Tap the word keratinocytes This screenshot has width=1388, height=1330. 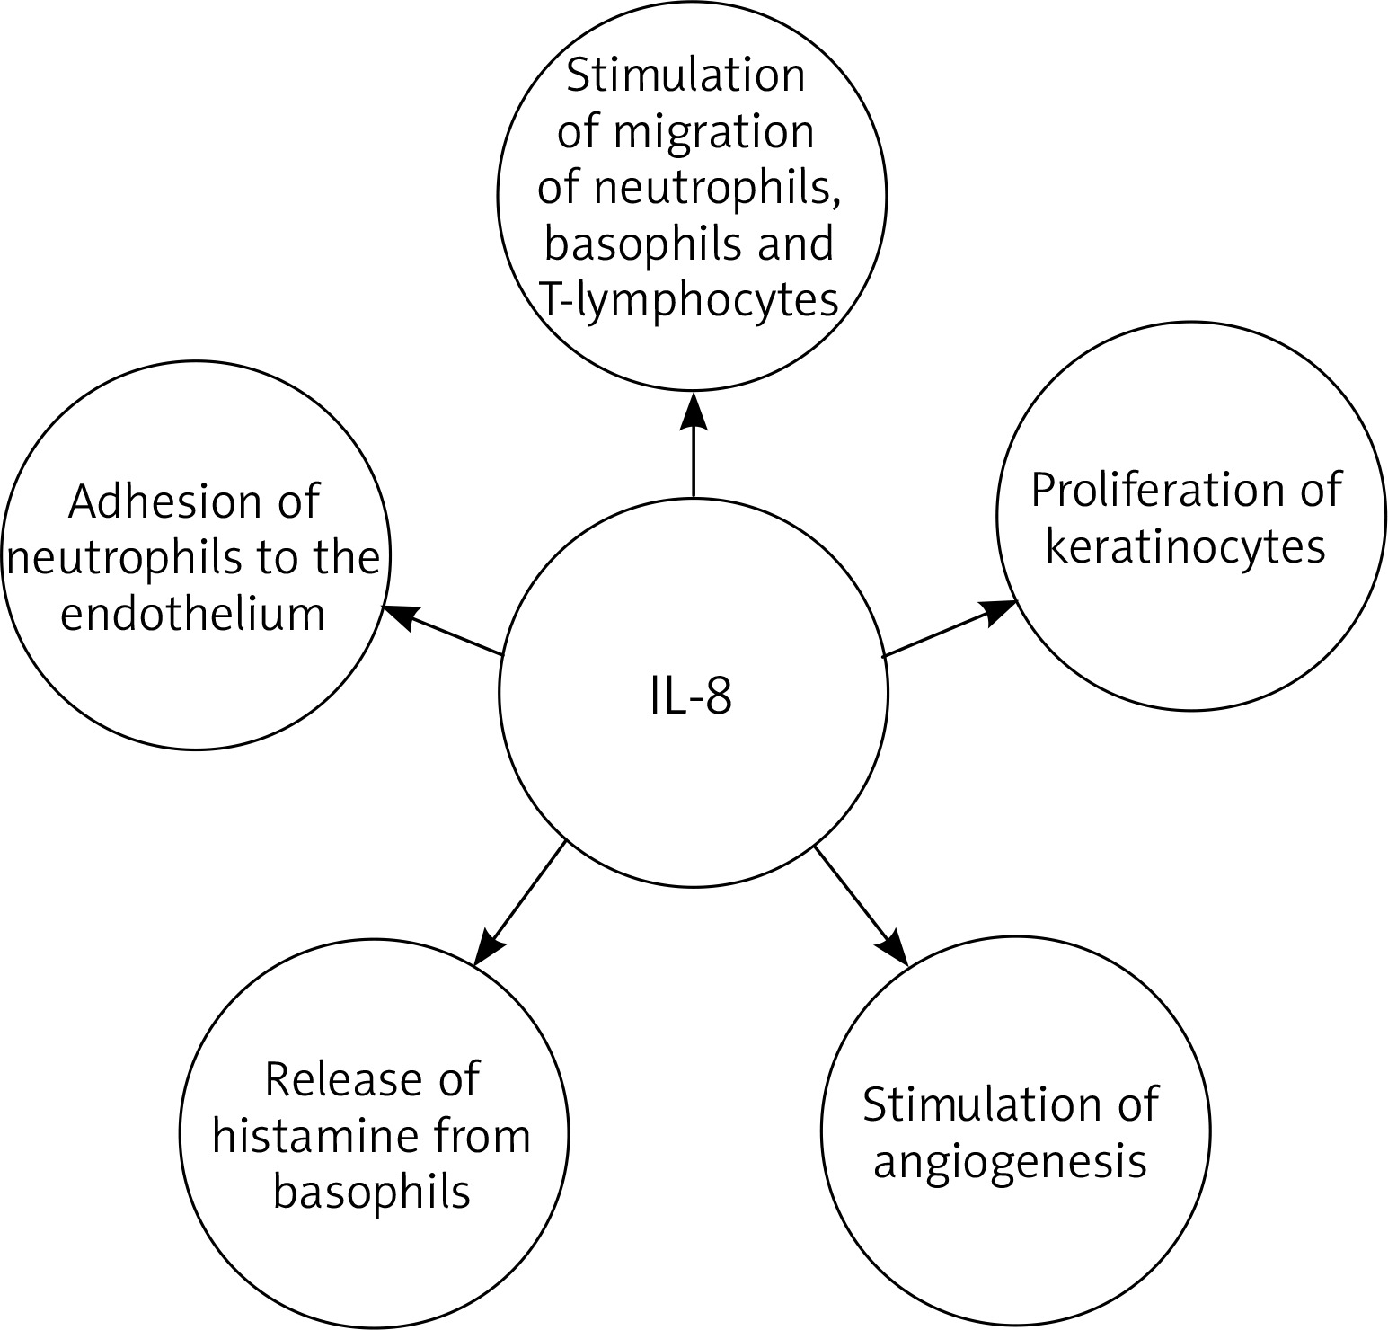(1186, 547)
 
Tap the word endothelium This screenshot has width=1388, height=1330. (192, 615)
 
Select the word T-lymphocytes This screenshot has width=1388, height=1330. (689, 301)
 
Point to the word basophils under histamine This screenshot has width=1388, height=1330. (371, 1193)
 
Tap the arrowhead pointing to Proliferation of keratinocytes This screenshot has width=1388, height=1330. (999, 612)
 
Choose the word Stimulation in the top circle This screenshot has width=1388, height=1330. (685, 75)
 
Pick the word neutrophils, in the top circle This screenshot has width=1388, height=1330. (719, 189)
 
